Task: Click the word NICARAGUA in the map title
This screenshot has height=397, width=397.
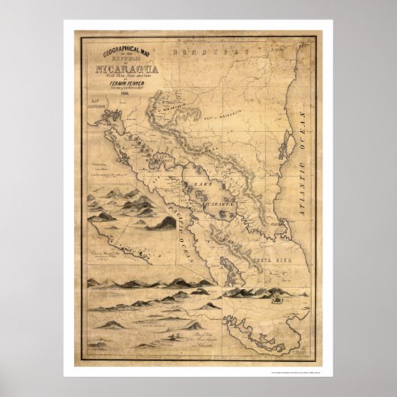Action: point(122,71)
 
